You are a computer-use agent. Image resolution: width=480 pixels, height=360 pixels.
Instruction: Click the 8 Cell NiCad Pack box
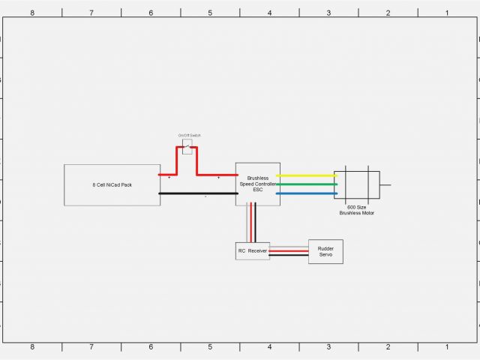click(x=112, y=184)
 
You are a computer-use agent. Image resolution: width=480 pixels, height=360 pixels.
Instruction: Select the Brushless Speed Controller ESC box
click(x=258, y=184)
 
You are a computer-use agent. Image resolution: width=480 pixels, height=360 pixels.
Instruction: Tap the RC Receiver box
click(x=253, y=250)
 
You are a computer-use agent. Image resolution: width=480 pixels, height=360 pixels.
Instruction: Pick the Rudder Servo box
click(x=325, y=251)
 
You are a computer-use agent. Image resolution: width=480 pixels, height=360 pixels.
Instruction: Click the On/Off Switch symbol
click(x=187, y=146)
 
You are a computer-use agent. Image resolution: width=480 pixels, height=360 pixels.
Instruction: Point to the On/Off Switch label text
click(x=190, y=135)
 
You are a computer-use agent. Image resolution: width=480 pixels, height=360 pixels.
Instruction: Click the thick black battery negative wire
click(x=198, y=193)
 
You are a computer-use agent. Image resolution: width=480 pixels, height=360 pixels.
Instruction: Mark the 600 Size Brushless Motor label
click(x=357, y=210)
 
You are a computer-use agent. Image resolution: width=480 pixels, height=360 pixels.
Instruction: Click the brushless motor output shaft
click(x=385, y=184)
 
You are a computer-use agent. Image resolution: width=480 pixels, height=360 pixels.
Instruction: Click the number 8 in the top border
click(x=31, y=13)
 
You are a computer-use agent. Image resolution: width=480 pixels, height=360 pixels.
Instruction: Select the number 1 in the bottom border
click(x=447, y=346)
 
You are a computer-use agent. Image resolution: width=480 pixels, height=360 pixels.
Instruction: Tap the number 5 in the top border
click(x=210, y=13)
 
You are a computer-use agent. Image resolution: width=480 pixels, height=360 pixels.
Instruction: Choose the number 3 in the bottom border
click(x=328, y=346)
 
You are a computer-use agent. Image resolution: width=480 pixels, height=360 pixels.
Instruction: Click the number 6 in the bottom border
click(x=151, y=346)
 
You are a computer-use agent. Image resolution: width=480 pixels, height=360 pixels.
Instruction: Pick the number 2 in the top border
click(x=388, y=13)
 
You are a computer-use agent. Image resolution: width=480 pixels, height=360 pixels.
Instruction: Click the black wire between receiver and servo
click(x=289, y=255)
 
